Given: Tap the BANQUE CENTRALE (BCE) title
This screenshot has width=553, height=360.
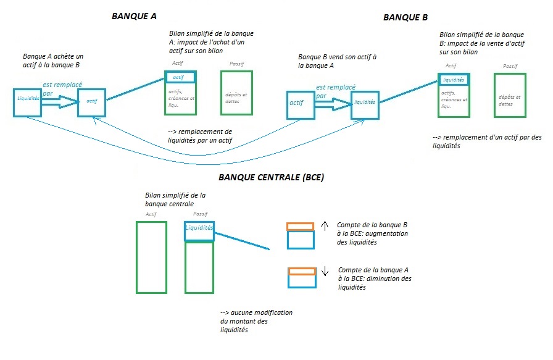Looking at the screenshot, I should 272,177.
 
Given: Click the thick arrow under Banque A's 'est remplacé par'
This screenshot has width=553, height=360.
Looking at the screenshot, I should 58,105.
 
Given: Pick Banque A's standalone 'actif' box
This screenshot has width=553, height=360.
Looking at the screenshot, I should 92,101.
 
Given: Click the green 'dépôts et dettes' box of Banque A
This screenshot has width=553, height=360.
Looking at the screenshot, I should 236,94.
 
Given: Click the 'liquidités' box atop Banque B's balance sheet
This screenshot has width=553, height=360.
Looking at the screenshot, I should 454,79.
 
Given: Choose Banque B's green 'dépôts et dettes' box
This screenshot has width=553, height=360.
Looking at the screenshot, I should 510,95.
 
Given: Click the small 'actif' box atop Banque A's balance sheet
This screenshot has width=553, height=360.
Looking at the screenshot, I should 180,77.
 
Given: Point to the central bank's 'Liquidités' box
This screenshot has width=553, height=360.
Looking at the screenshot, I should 199,228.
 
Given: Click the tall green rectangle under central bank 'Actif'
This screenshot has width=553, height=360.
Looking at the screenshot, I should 151,257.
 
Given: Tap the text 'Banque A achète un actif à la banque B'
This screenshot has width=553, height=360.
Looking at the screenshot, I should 52,60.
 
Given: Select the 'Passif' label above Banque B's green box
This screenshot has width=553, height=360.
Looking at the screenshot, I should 510,66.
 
